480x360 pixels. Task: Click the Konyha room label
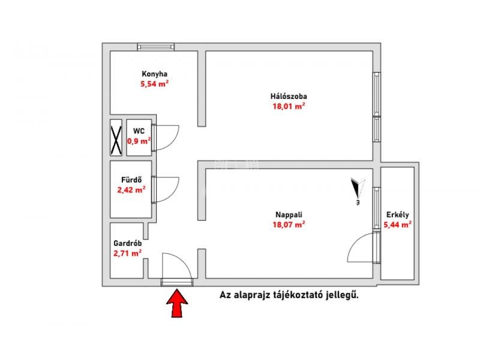click(x=154, y=74)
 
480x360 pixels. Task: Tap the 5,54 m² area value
click(x=155, y=83)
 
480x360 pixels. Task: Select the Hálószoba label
click(x=289, y=96)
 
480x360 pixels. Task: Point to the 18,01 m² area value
click(x=289, y=106)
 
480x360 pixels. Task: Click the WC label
click(x=139, y=131)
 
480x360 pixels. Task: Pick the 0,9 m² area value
click(x=139, y=141)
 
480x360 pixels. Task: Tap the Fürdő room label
click(x=131, y=179)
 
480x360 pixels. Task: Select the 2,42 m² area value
click(x=131, y=190)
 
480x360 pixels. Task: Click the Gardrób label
click(x=127, y=244)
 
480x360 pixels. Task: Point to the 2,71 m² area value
click(x=127, y=253)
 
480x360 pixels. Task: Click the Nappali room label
click(x=289, y=215)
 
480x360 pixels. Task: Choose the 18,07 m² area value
click(x=289, y=224)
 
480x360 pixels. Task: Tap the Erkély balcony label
click(x=397, y=215)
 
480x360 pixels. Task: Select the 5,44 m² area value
click(x=397, y=224)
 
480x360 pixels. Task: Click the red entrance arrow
click(x=177, y=303)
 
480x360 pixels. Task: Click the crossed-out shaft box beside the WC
click(x=116, y=137)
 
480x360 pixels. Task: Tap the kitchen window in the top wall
click(x=156, y=47)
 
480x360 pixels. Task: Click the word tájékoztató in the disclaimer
click(x=297, y=295)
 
